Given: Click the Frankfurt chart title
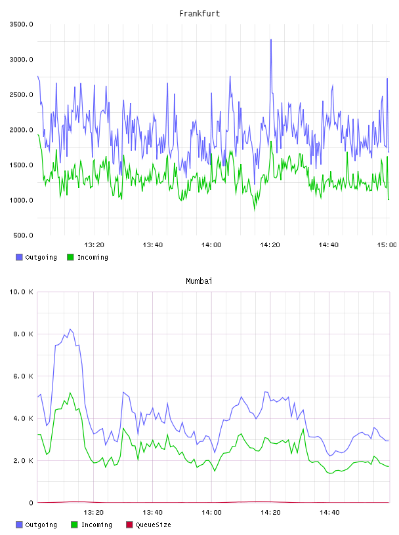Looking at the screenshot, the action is pos(199,14).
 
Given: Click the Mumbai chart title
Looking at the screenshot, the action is pos(199,281).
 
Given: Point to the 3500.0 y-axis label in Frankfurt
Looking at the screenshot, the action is pos(21,24).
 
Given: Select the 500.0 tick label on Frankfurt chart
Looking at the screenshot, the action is pos(23,235).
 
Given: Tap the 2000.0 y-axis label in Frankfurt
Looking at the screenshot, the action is pos(21,130).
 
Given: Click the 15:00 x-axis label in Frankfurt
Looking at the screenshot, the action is pos(387,245).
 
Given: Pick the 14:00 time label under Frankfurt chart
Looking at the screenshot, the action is pos(211,245).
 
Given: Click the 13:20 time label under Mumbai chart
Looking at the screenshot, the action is pos(94,513).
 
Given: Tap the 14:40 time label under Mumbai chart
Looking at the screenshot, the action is pos(329,513).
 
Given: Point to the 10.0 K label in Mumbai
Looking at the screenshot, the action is pos(21,292).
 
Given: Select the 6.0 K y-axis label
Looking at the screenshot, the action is pos(23,376).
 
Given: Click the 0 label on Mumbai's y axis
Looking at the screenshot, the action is pos(31,503).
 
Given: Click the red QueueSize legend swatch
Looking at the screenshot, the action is pos(129,525).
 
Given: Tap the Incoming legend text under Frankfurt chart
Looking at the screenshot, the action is pos(93,257).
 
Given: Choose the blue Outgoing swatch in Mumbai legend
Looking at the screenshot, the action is pos(19,525).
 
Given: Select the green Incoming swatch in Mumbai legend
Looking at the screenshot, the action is pos(74,525).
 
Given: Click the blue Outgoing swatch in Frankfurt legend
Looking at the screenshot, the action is pos(19,257).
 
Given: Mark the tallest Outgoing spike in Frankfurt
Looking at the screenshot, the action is pos(271,39).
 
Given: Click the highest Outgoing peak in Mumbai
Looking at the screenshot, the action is pos(70,329).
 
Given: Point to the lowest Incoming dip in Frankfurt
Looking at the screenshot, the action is pos(255,210).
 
